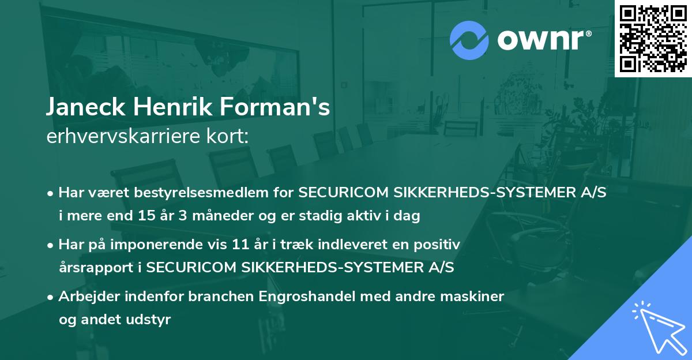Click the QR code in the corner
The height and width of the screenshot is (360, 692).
(653, 39)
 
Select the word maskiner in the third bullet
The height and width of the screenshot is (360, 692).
(477, 297)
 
